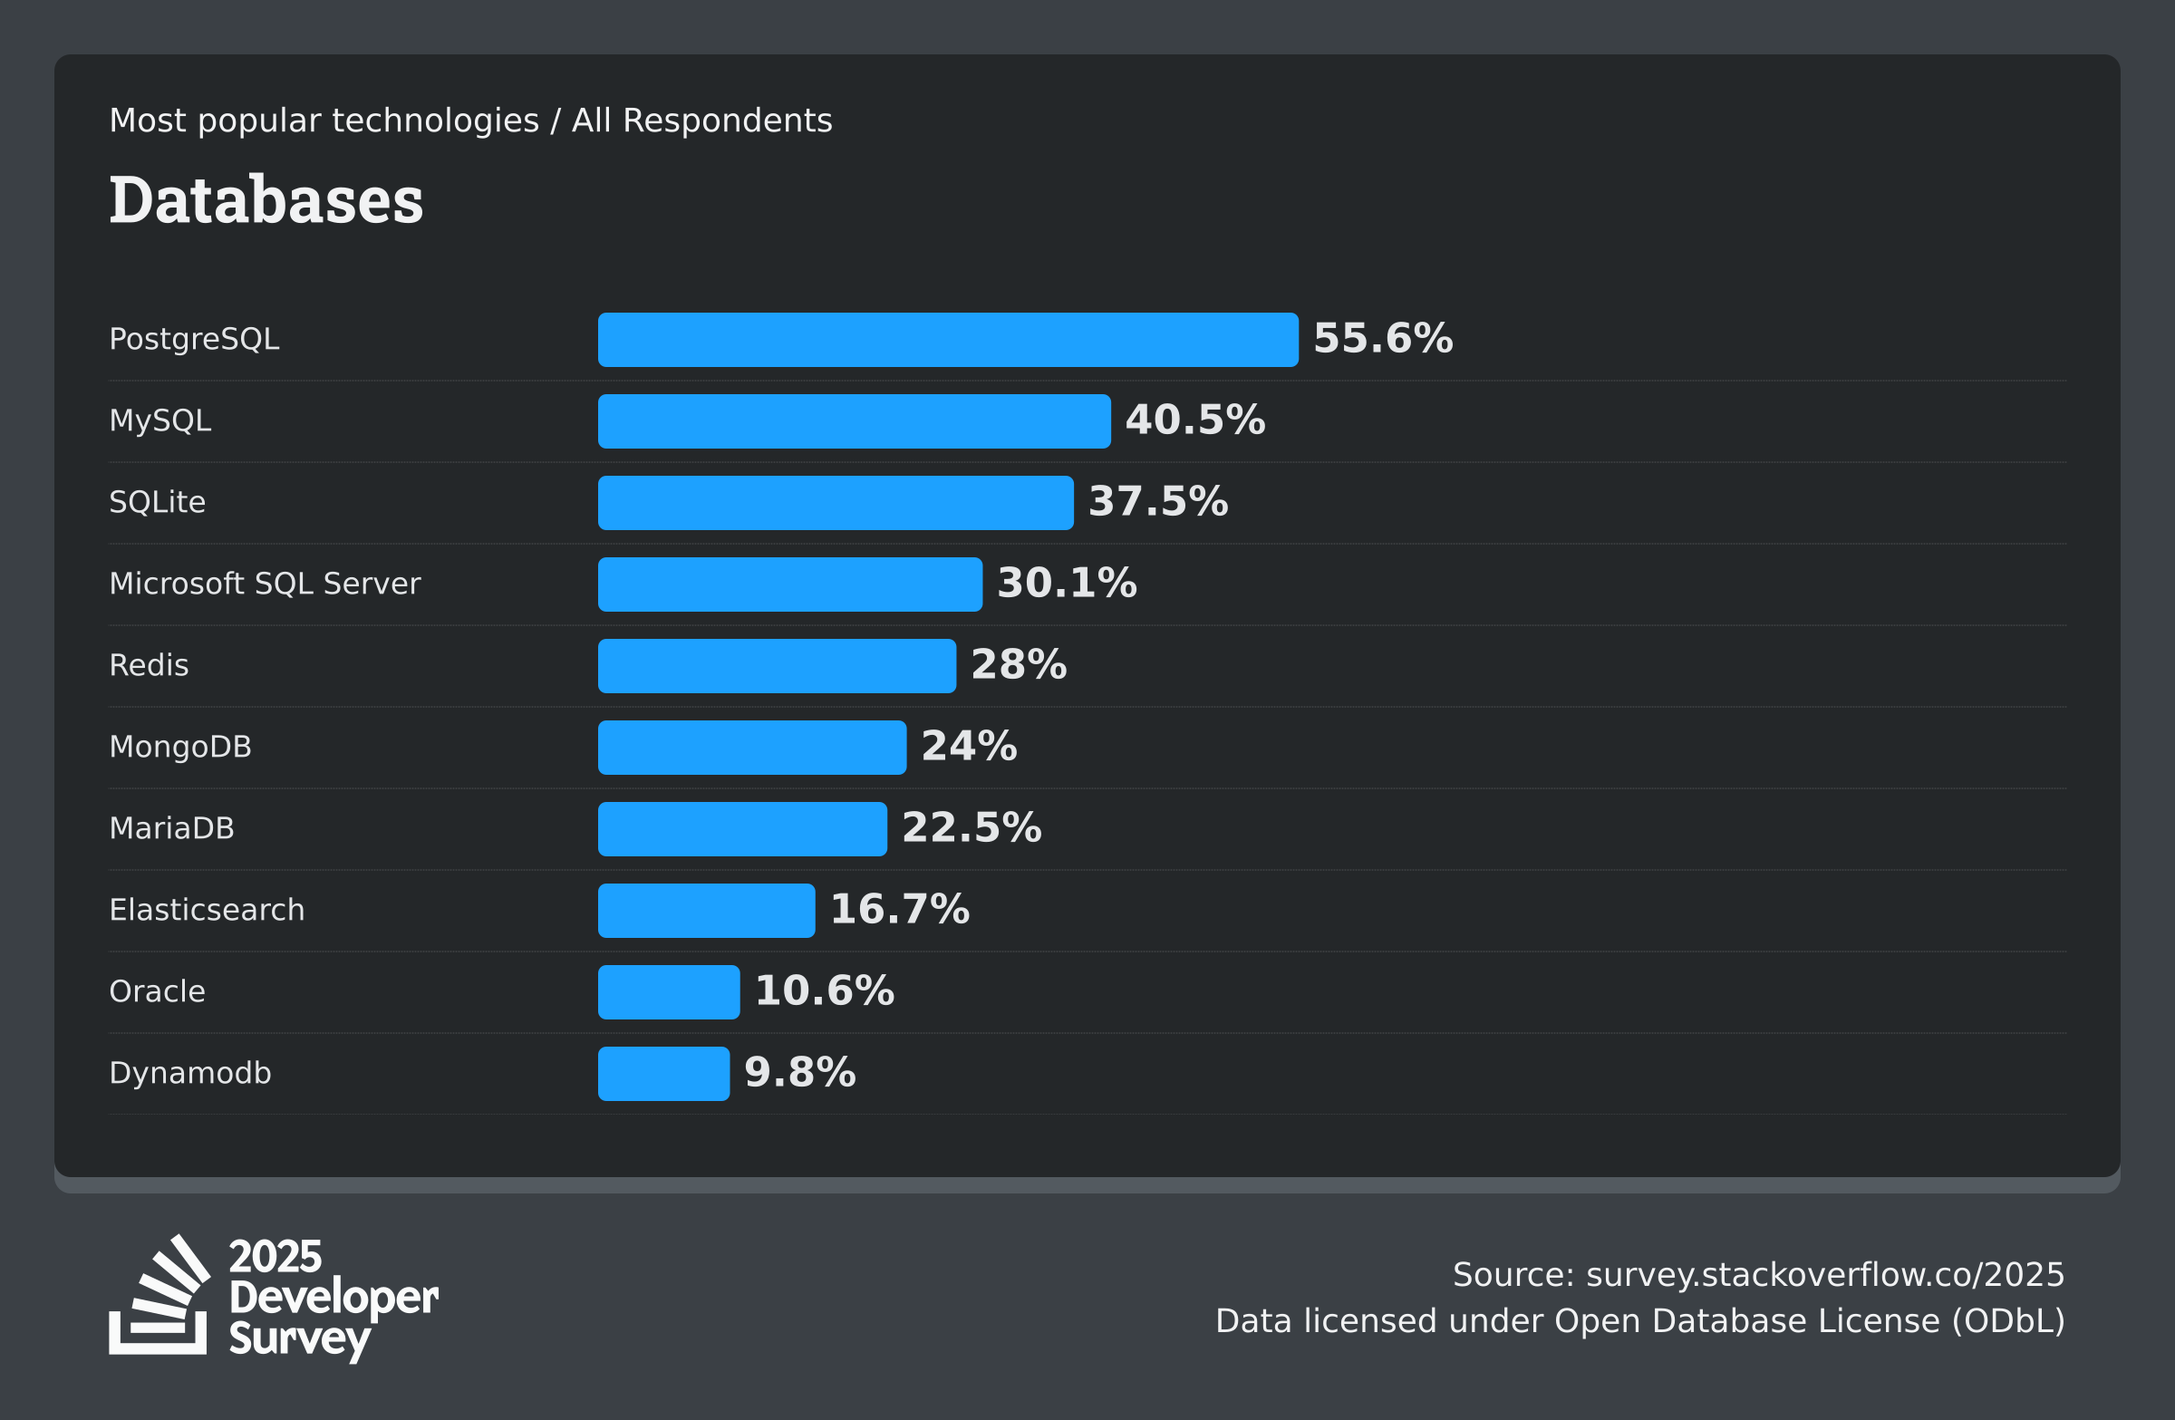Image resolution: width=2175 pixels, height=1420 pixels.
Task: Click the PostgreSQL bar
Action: point(948,340)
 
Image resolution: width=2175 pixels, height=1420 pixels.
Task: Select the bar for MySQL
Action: point(854,421)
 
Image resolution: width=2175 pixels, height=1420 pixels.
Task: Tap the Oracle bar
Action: point(668,992)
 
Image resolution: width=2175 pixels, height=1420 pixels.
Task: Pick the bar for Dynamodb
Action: point(663,1074)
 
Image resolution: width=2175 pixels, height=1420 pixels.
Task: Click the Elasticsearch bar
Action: point(705,911)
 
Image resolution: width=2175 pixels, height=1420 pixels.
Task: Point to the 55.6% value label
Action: point(1382,339)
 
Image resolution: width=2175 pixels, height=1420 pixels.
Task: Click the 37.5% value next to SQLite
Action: point(1158,502)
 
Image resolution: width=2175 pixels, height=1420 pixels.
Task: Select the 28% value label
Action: point(1018,665)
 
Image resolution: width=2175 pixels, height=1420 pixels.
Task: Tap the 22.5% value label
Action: point(971,828)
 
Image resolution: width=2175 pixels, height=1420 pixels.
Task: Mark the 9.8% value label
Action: point(799,1073)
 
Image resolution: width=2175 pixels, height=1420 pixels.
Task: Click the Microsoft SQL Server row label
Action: point(264,584)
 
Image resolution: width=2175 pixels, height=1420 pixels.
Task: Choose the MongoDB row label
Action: point(180,748)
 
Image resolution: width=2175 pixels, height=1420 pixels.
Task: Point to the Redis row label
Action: point(149,665)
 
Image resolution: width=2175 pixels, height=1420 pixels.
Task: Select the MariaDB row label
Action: point(172,829)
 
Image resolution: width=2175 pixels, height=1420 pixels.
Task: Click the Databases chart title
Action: point(266,200)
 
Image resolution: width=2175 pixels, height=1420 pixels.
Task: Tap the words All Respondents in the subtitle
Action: point(701,121)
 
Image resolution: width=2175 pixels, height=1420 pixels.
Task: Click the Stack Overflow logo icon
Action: point(159,1296)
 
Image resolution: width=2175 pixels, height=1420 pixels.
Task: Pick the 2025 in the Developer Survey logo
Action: point(275,1258)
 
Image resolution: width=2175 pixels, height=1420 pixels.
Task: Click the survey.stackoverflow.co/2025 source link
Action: point(1824,1275)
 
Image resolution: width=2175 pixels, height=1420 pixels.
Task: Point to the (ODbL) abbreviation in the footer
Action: point(2007,1321)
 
